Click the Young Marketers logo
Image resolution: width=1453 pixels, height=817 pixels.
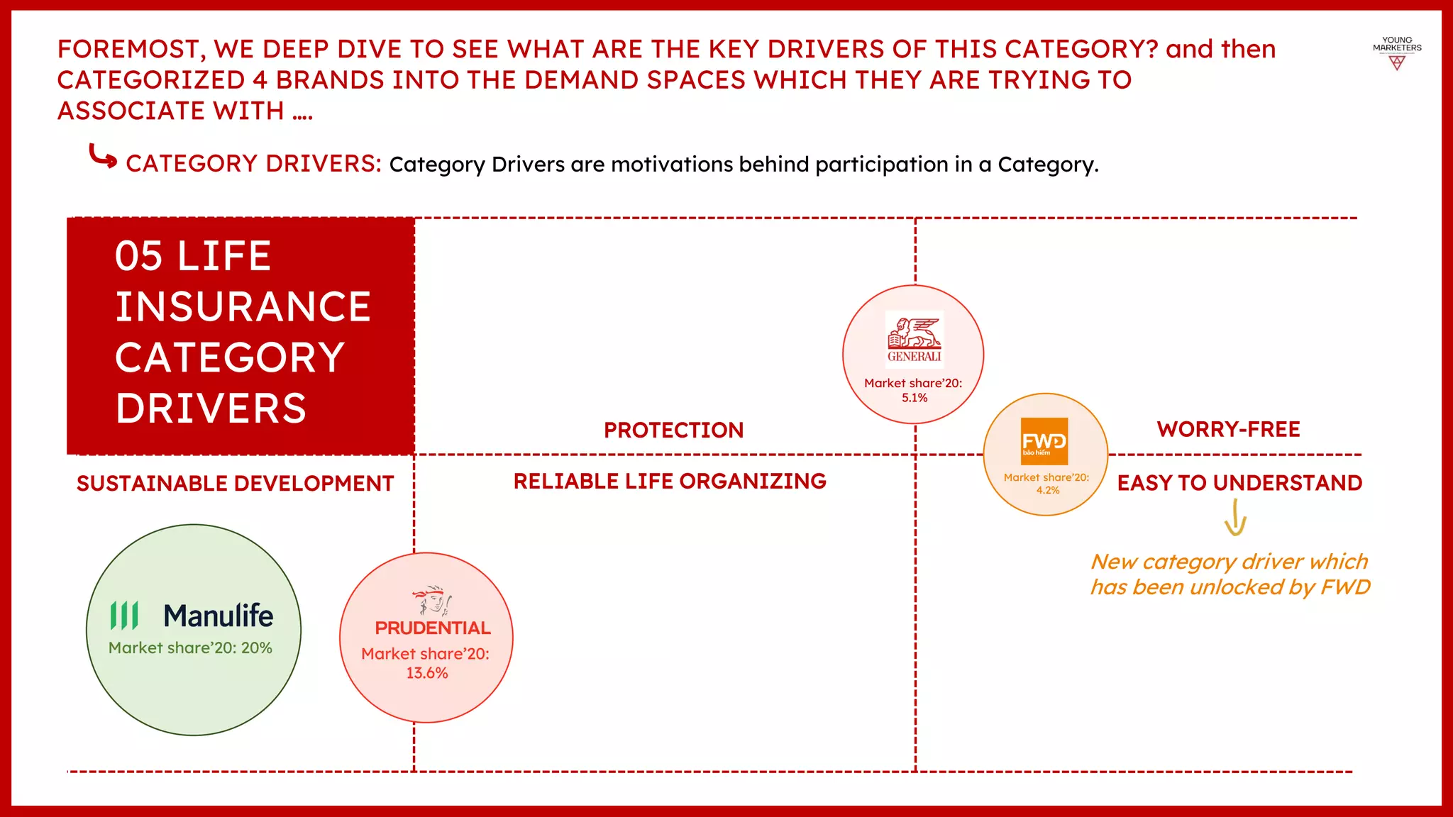click(1396, 53)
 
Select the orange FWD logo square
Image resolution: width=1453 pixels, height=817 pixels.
click(1044, 441)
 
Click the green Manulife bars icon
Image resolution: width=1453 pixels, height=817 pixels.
click(124, 616)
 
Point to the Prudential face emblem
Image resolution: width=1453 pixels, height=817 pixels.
click(432, 601)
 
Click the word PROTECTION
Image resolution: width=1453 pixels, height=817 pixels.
click(673, 430)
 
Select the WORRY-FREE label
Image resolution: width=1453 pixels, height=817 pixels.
click(1228, 429)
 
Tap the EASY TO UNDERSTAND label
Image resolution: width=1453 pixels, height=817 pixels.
click(1239, 483)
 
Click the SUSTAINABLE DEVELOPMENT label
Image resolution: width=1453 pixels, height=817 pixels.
click(235, 484)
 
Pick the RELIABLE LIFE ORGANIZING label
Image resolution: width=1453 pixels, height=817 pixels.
click(670, 482)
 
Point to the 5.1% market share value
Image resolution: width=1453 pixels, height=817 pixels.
click(915, 398)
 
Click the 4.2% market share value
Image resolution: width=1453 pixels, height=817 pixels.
click(1047, 490)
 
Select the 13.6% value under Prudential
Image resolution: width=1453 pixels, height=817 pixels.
click(426, 673)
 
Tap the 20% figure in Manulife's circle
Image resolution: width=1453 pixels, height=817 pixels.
click(257, 648)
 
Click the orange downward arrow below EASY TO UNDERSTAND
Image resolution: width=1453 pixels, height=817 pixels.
click(1235, 518)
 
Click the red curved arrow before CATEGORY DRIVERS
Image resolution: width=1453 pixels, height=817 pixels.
click(102, 157)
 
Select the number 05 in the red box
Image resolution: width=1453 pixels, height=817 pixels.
click(139, 256)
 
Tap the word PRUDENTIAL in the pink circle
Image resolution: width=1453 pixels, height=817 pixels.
click(433, 628)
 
